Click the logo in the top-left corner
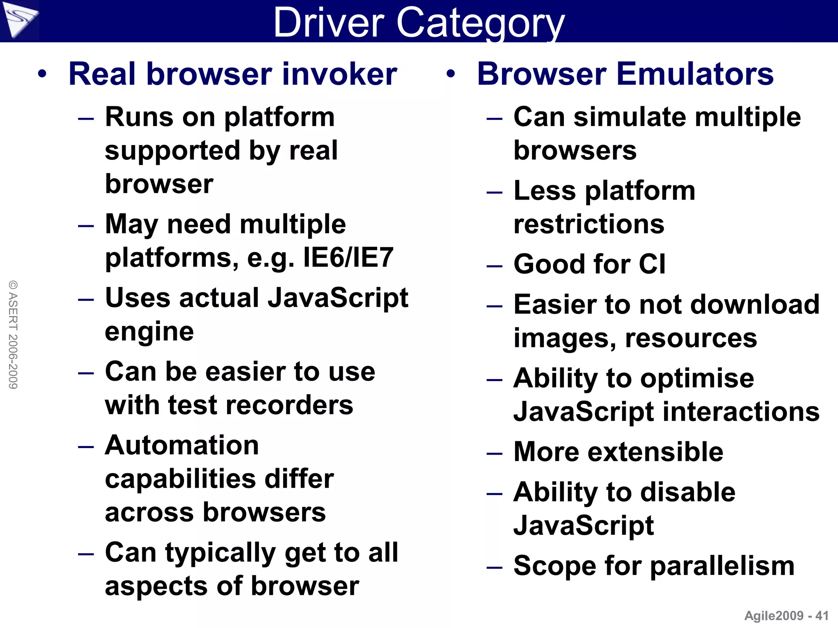click(x=19, y=19)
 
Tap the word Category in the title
click(x=480, y=24)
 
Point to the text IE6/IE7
click(x=348, y=258)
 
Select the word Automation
click(x=182, y=445)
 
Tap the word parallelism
click(x=722, y=566)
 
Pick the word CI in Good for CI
click(x=652, y=264)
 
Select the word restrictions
click(x=589, y=224)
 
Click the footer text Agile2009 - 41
click(x=786, y=616)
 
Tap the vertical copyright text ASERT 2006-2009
click(x=13, y=334)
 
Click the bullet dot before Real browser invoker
click(x=42, y=74)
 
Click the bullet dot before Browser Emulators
click(x=451, y=74)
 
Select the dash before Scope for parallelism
click(x=494, y=567)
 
